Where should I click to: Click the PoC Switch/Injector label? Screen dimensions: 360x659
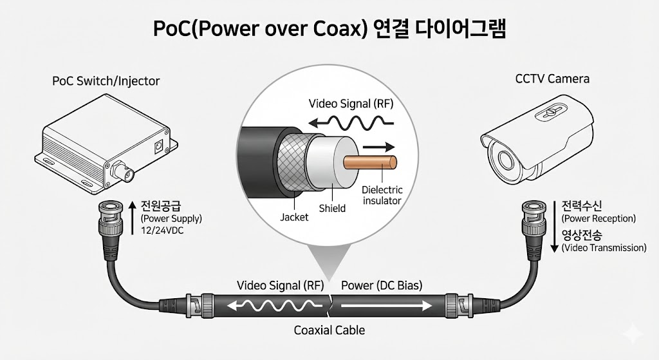pos(106,82)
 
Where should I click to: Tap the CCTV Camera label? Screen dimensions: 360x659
pos(552,79)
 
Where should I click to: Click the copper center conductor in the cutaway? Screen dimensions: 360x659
pos(366,164)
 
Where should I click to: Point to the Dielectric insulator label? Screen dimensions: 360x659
pos(382,195)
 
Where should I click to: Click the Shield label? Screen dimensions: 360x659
pos(332,208)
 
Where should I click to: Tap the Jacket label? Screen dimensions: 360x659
pos(294,217)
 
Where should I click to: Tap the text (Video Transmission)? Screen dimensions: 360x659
pos(604,247)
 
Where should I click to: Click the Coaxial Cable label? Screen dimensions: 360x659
pos(329,330)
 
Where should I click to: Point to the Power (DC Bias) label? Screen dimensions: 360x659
pos(382,285)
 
